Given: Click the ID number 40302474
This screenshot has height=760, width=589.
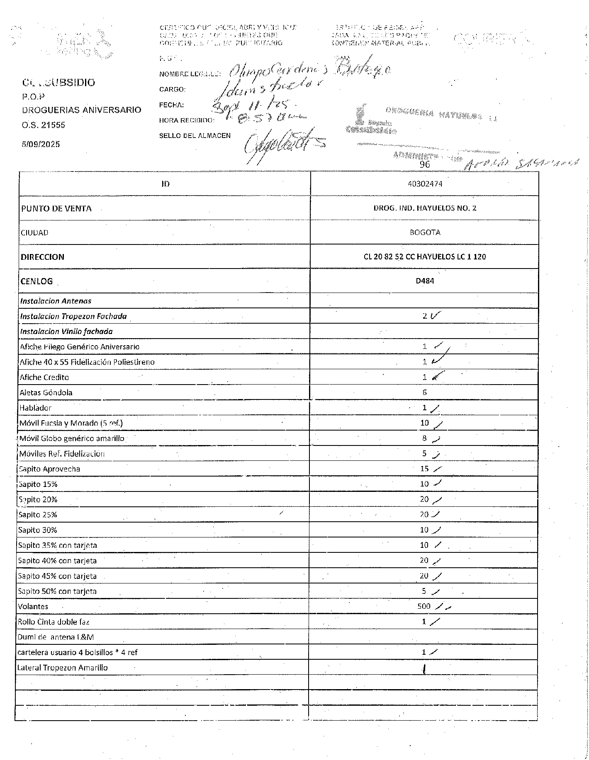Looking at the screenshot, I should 425,184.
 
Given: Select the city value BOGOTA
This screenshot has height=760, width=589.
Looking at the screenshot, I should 425,232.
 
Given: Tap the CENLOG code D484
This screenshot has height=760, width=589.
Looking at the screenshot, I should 425,281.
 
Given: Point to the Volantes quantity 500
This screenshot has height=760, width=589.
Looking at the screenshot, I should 424,606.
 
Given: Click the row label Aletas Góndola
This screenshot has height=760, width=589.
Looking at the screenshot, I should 46,392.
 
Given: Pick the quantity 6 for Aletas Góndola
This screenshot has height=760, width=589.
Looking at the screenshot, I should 424,392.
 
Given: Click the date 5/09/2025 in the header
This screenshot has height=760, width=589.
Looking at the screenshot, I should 41,144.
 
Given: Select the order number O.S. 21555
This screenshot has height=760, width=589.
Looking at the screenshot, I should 44,125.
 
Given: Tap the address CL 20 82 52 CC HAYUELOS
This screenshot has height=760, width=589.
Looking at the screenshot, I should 424,257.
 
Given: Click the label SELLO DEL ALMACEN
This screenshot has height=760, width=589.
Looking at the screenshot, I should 195,136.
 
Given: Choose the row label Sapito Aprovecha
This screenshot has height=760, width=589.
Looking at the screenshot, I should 50,469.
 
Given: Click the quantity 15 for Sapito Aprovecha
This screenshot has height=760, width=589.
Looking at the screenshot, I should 424,469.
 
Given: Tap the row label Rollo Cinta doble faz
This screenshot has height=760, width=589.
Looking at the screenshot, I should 54,622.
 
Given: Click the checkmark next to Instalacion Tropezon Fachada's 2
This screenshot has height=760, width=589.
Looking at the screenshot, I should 436,316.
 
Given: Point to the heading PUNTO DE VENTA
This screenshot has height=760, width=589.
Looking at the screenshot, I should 56,208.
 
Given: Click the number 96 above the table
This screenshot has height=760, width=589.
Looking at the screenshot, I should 425,164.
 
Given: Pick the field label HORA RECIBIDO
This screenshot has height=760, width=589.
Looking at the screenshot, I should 186,121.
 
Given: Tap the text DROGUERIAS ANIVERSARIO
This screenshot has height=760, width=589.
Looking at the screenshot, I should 81,110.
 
